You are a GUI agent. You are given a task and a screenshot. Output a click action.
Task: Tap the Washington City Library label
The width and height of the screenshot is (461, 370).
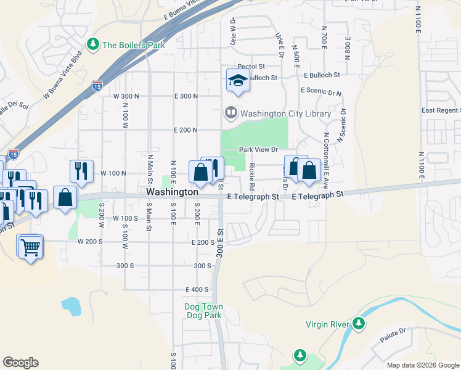285,113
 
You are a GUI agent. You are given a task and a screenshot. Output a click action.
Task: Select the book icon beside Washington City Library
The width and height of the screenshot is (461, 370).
230,113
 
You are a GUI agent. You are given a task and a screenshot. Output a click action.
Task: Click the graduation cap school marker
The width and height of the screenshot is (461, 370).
237,80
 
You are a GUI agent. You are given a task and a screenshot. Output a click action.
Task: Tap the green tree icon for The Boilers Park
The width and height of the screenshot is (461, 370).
93,44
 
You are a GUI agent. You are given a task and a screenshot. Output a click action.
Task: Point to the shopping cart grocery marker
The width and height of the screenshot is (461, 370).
30,248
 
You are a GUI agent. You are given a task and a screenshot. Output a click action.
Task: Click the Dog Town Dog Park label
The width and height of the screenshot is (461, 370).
203,311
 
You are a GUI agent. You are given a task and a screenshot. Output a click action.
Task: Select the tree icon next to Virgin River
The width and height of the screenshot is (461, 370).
358,323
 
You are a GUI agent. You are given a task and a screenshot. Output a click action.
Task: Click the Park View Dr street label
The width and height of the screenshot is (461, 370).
259,149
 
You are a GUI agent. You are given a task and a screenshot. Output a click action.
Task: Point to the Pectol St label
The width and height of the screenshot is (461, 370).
251,66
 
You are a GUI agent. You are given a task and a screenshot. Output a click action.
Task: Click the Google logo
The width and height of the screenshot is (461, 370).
20,363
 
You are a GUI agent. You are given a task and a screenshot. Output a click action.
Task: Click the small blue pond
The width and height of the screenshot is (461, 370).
70,306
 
